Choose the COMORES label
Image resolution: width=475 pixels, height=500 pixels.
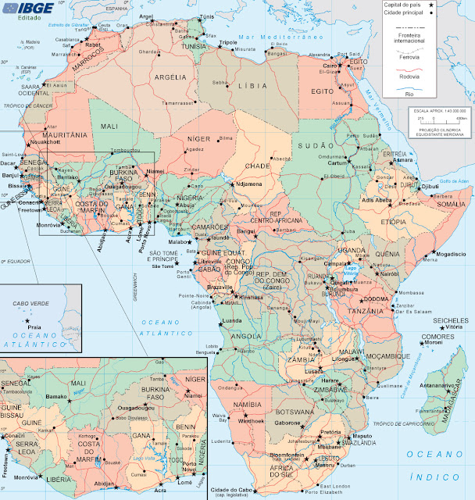point(433,337)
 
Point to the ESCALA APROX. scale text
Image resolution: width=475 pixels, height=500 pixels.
point(438,112)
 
